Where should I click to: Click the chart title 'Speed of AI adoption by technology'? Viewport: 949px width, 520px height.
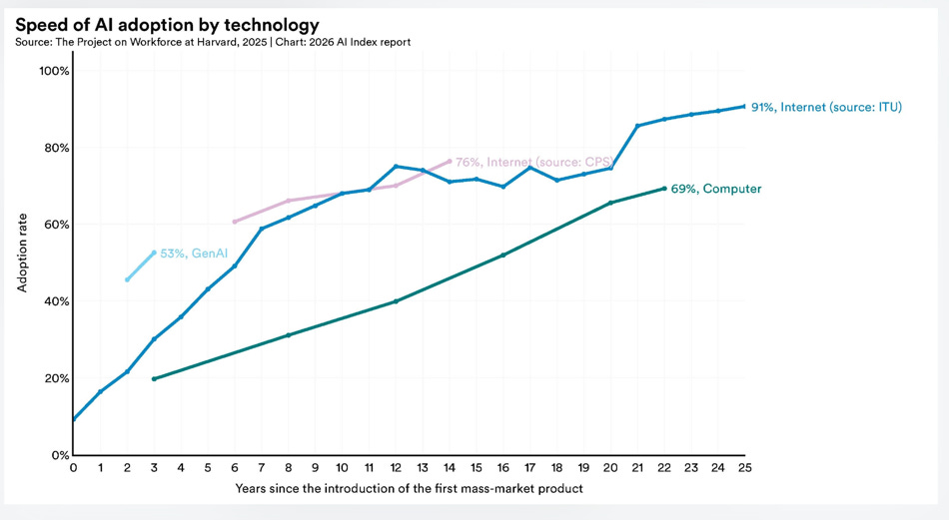[x=167, y=24]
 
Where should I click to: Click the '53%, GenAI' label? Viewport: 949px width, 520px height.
[x=194, y=255]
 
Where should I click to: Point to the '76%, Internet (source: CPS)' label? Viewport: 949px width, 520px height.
[x=533, y=162]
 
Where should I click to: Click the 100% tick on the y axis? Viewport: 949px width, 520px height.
[x=53, y=71]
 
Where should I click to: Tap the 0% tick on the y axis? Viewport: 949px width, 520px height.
[x=58, y=455]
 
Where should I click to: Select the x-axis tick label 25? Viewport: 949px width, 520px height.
[x=743, y=467]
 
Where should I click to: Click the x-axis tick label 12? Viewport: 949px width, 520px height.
[x=396, y=467]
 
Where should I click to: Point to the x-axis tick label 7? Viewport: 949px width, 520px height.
[x=262, y=467]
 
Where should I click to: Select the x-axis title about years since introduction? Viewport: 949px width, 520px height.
[x=409, y=488]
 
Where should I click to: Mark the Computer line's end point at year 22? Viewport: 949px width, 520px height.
[x=663, y=189]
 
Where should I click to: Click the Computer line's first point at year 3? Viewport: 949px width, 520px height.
[x=154, y=379]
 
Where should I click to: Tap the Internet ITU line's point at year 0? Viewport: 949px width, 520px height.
[x=73, y=419]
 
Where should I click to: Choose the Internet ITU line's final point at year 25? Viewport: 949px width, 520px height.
[x=743, y=106]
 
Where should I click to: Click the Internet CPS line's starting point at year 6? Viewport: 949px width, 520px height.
[x=235, y=222]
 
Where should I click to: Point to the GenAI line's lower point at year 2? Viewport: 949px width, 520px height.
[x=127, y=279]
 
